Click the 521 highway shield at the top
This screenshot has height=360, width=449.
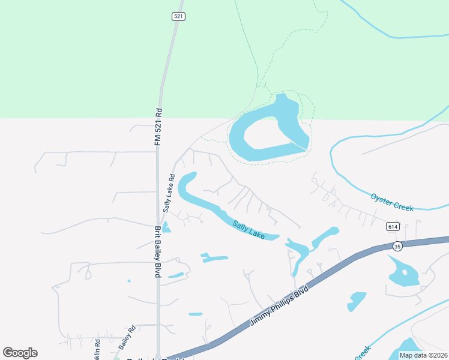(178, 16)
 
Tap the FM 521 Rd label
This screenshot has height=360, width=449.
(158, 126)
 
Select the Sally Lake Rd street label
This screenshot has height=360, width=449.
(167, 193)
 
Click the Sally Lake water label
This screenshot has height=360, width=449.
(249, 229)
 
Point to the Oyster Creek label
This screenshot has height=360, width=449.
(392, 202)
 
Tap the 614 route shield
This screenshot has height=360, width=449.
(393, 226)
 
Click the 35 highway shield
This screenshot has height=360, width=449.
(397, 246)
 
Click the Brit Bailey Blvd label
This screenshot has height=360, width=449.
(158, 251)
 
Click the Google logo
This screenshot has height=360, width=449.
(20, 353)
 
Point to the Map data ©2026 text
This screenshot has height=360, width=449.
(423, 355)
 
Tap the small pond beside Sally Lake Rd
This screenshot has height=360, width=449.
(166, 227)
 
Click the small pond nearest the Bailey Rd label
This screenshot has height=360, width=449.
(129, 281)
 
